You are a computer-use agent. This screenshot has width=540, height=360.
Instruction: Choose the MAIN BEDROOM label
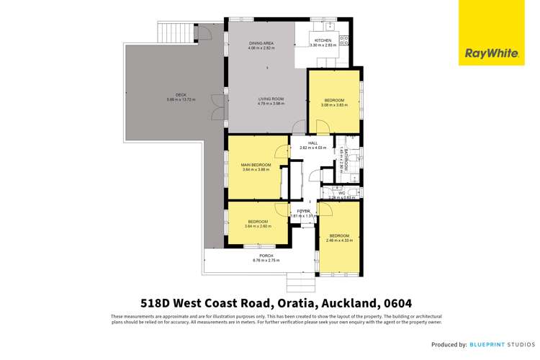click(256, 166)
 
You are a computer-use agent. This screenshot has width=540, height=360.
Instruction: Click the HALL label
click(312, 143)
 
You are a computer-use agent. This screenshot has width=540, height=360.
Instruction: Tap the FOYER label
click(303, 210)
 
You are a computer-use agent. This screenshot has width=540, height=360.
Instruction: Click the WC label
click(342, 192)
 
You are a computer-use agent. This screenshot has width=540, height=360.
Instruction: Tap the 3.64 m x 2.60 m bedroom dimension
click(258, 226)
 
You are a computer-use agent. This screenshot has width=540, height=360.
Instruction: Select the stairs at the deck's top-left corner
click(175, 31)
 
